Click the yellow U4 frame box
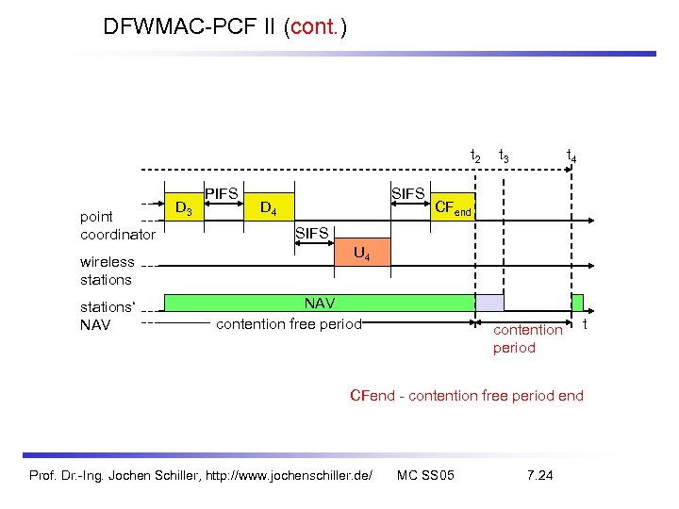(x=360, y=251)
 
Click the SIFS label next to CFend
(x=407, y=193)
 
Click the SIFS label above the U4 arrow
(x=312, y=232)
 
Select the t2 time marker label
(x=475, y=156)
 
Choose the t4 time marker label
(x=571, y=156)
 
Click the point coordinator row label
(x=118, y=225)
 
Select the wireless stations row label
(x=107, y=271)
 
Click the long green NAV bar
(x=321, y=303)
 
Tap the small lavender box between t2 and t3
(x=489, y=303)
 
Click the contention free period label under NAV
(x=289, y=324)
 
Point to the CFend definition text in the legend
(x=466, y=395)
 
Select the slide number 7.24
(x=540, y=473)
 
